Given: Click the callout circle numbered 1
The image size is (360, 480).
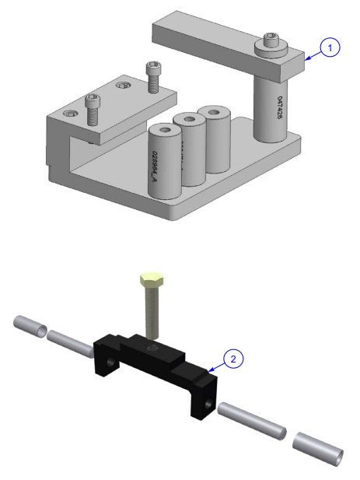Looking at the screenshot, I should [x=330, y=48].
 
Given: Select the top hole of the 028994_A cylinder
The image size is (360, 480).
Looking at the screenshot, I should [x=166, y=129].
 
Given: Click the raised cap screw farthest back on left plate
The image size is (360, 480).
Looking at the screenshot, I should [x=152, y=75].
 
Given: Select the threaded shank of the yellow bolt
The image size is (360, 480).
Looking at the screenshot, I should [x=150, y=315].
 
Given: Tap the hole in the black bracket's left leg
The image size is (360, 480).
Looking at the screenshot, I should [x=114, y=363].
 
